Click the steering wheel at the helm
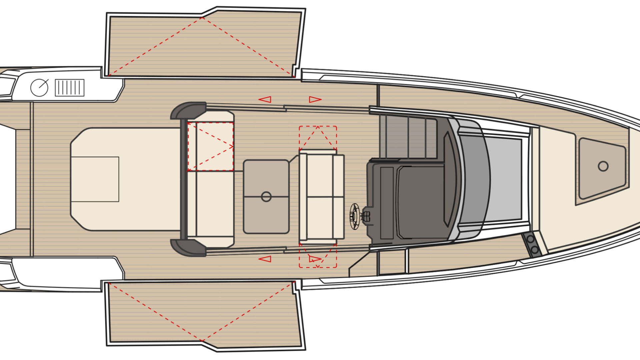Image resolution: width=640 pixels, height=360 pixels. point(354,216)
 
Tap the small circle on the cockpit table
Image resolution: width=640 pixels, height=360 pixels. point(266,197)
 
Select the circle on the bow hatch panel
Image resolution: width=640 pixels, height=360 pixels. point(603,166)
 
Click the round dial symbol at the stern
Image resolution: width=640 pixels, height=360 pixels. point(39,88)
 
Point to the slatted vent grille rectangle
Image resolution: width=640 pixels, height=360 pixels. point(69,88)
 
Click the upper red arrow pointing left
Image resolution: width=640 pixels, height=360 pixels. point(265,99)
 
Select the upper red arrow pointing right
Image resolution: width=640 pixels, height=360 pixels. point(315,99)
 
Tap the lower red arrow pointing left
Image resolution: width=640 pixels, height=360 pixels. point(265,259)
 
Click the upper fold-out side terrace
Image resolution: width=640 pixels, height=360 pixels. point(203,45)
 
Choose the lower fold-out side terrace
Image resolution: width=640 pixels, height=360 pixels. point(203,313)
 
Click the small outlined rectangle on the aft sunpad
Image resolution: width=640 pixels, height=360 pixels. point(95,179)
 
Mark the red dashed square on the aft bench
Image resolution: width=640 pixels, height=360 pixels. point(210,147)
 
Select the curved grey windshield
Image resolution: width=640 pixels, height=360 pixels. point(473,180)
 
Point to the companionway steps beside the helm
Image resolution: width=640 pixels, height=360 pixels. point(408,137)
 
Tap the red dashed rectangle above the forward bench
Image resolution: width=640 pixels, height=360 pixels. point(318,138)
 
